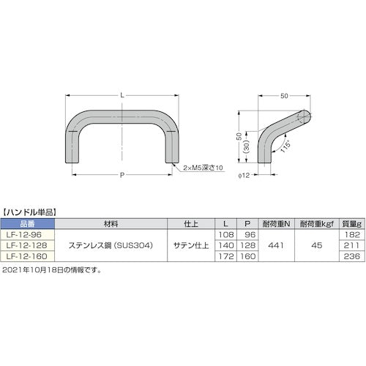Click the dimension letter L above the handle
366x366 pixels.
122,96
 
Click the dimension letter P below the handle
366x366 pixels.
122,175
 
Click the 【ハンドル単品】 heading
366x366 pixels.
30,212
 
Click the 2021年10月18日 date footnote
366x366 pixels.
55,270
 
